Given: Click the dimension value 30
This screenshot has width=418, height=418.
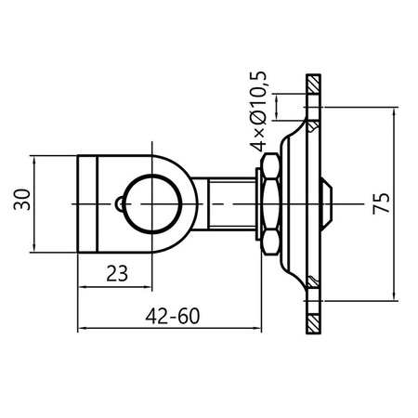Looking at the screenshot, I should point(21,200).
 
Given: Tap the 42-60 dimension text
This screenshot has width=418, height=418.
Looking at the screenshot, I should point(173,316).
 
